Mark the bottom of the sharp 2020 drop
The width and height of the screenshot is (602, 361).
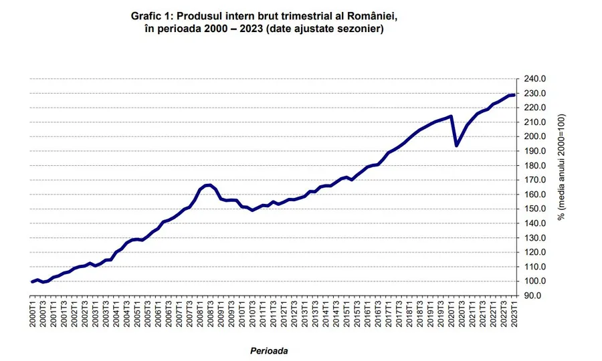pyautogui.click(x=456, y=145)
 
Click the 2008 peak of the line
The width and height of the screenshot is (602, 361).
pyautogui.click(x=209, y=185)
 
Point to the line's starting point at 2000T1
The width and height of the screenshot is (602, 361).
pyautogui.click(x=32, y=281)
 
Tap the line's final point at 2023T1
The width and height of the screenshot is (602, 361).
pyautogui.click(x=513, y=95)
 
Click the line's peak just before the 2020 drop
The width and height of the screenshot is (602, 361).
pyautogui.click(x=451, y=116)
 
